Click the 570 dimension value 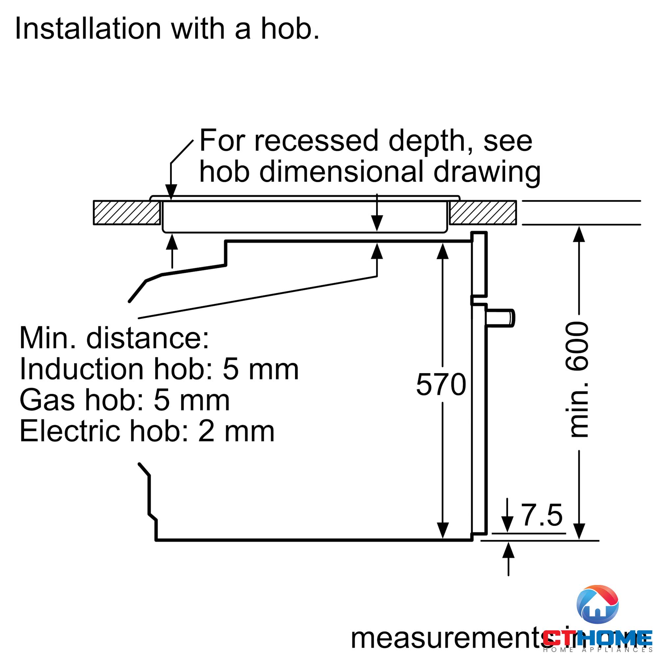[x=441, y=385]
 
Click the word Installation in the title [x=88, y=29]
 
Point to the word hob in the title [x=290, y=29]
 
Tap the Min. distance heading [x=114, y=338]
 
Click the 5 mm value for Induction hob [x=261, y=369]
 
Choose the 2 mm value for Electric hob [x=236, y=431]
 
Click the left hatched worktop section [x=127, y=213]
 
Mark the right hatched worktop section [x=483, y=213]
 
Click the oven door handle [x=500, y=318]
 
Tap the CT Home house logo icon [x=597, y=604]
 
